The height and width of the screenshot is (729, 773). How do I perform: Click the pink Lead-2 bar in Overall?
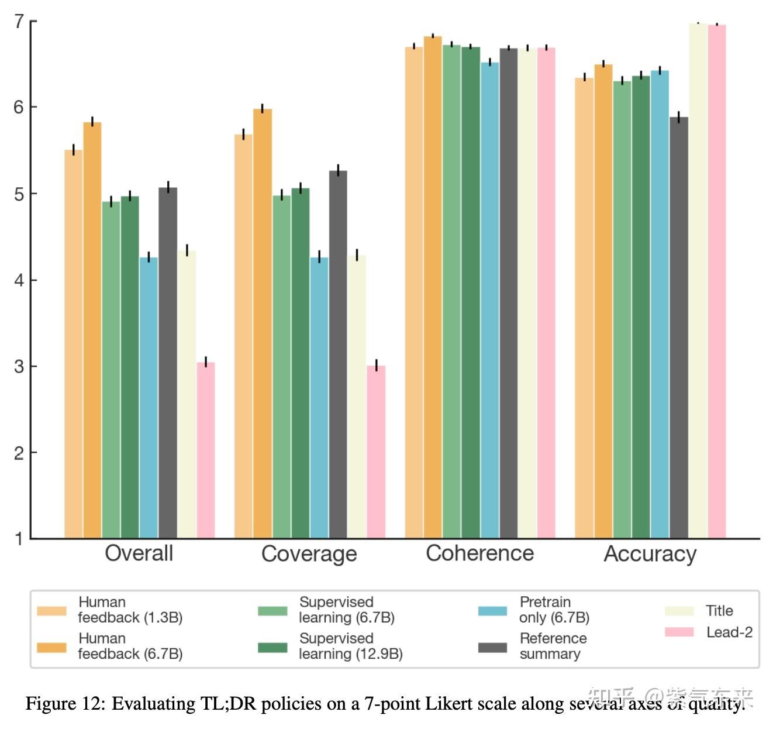(x=206, y=451)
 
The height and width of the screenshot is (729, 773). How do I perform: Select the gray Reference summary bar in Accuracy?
(x=679, y=328)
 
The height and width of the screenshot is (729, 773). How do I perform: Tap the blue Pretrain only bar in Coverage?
(x=319, y=398)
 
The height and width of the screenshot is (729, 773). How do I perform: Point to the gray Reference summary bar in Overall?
(x=168, y=363)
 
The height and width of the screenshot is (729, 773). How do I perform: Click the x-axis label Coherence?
(x=479, y=553)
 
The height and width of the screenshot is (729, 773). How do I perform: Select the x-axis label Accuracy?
(x=650, y=554)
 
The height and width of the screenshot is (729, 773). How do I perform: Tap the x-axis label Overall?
(x=139, y=553)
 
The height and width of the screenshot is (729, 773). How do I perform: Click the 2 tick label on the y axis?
(x=19, y=453)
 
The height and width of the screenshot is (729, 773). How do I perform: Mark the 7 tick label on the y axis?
(x=19, y=22)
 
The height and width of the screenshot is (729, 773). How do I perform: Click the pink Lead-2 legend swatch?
(x=679, y=632)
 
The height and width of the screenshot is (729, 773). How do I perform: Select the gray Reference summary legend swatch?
(x=492, y=647)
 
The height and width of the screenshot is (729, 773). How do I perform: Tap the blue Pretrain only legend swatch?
(x=492, y=611)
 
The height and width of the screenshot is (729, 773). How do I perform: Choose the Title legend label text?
(x=719, y=611)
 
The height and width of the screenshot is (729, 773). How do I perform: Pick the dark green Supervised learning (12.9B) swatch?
(x=272, y=647)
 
